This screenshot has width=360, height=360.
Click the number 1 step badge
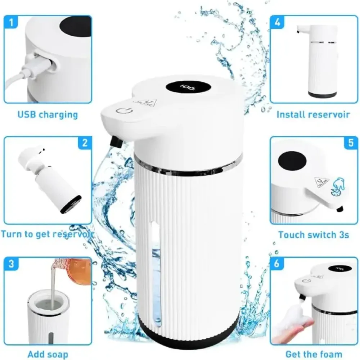click(11, 22)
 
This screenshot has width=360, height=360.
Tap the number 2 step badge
click(85, 143)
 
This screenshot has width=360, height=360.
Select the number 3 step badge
click(11, 264)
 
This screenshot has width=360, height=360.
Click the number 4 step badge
click(277, 22)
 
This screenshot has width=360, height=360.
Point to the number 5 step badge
click(351, 143)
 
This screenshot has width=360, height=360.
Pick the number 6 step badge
click(277, 264)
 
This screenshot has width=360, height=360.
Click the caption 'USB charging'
click(48, 114)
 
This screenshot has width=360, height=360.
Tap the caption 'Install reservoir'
click(313, 114)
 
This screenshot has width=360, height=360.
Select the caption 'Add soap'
click(48, 354)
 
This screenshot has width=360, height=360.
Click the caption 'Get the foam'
click(314, 354)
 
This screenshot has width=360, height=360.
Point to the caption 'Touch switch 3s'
click(314, 235)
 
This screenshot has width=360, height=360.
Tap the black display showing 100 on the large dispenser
click(188, 87)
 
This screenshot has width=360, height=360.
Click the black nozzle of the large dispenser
click(116, 141)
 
